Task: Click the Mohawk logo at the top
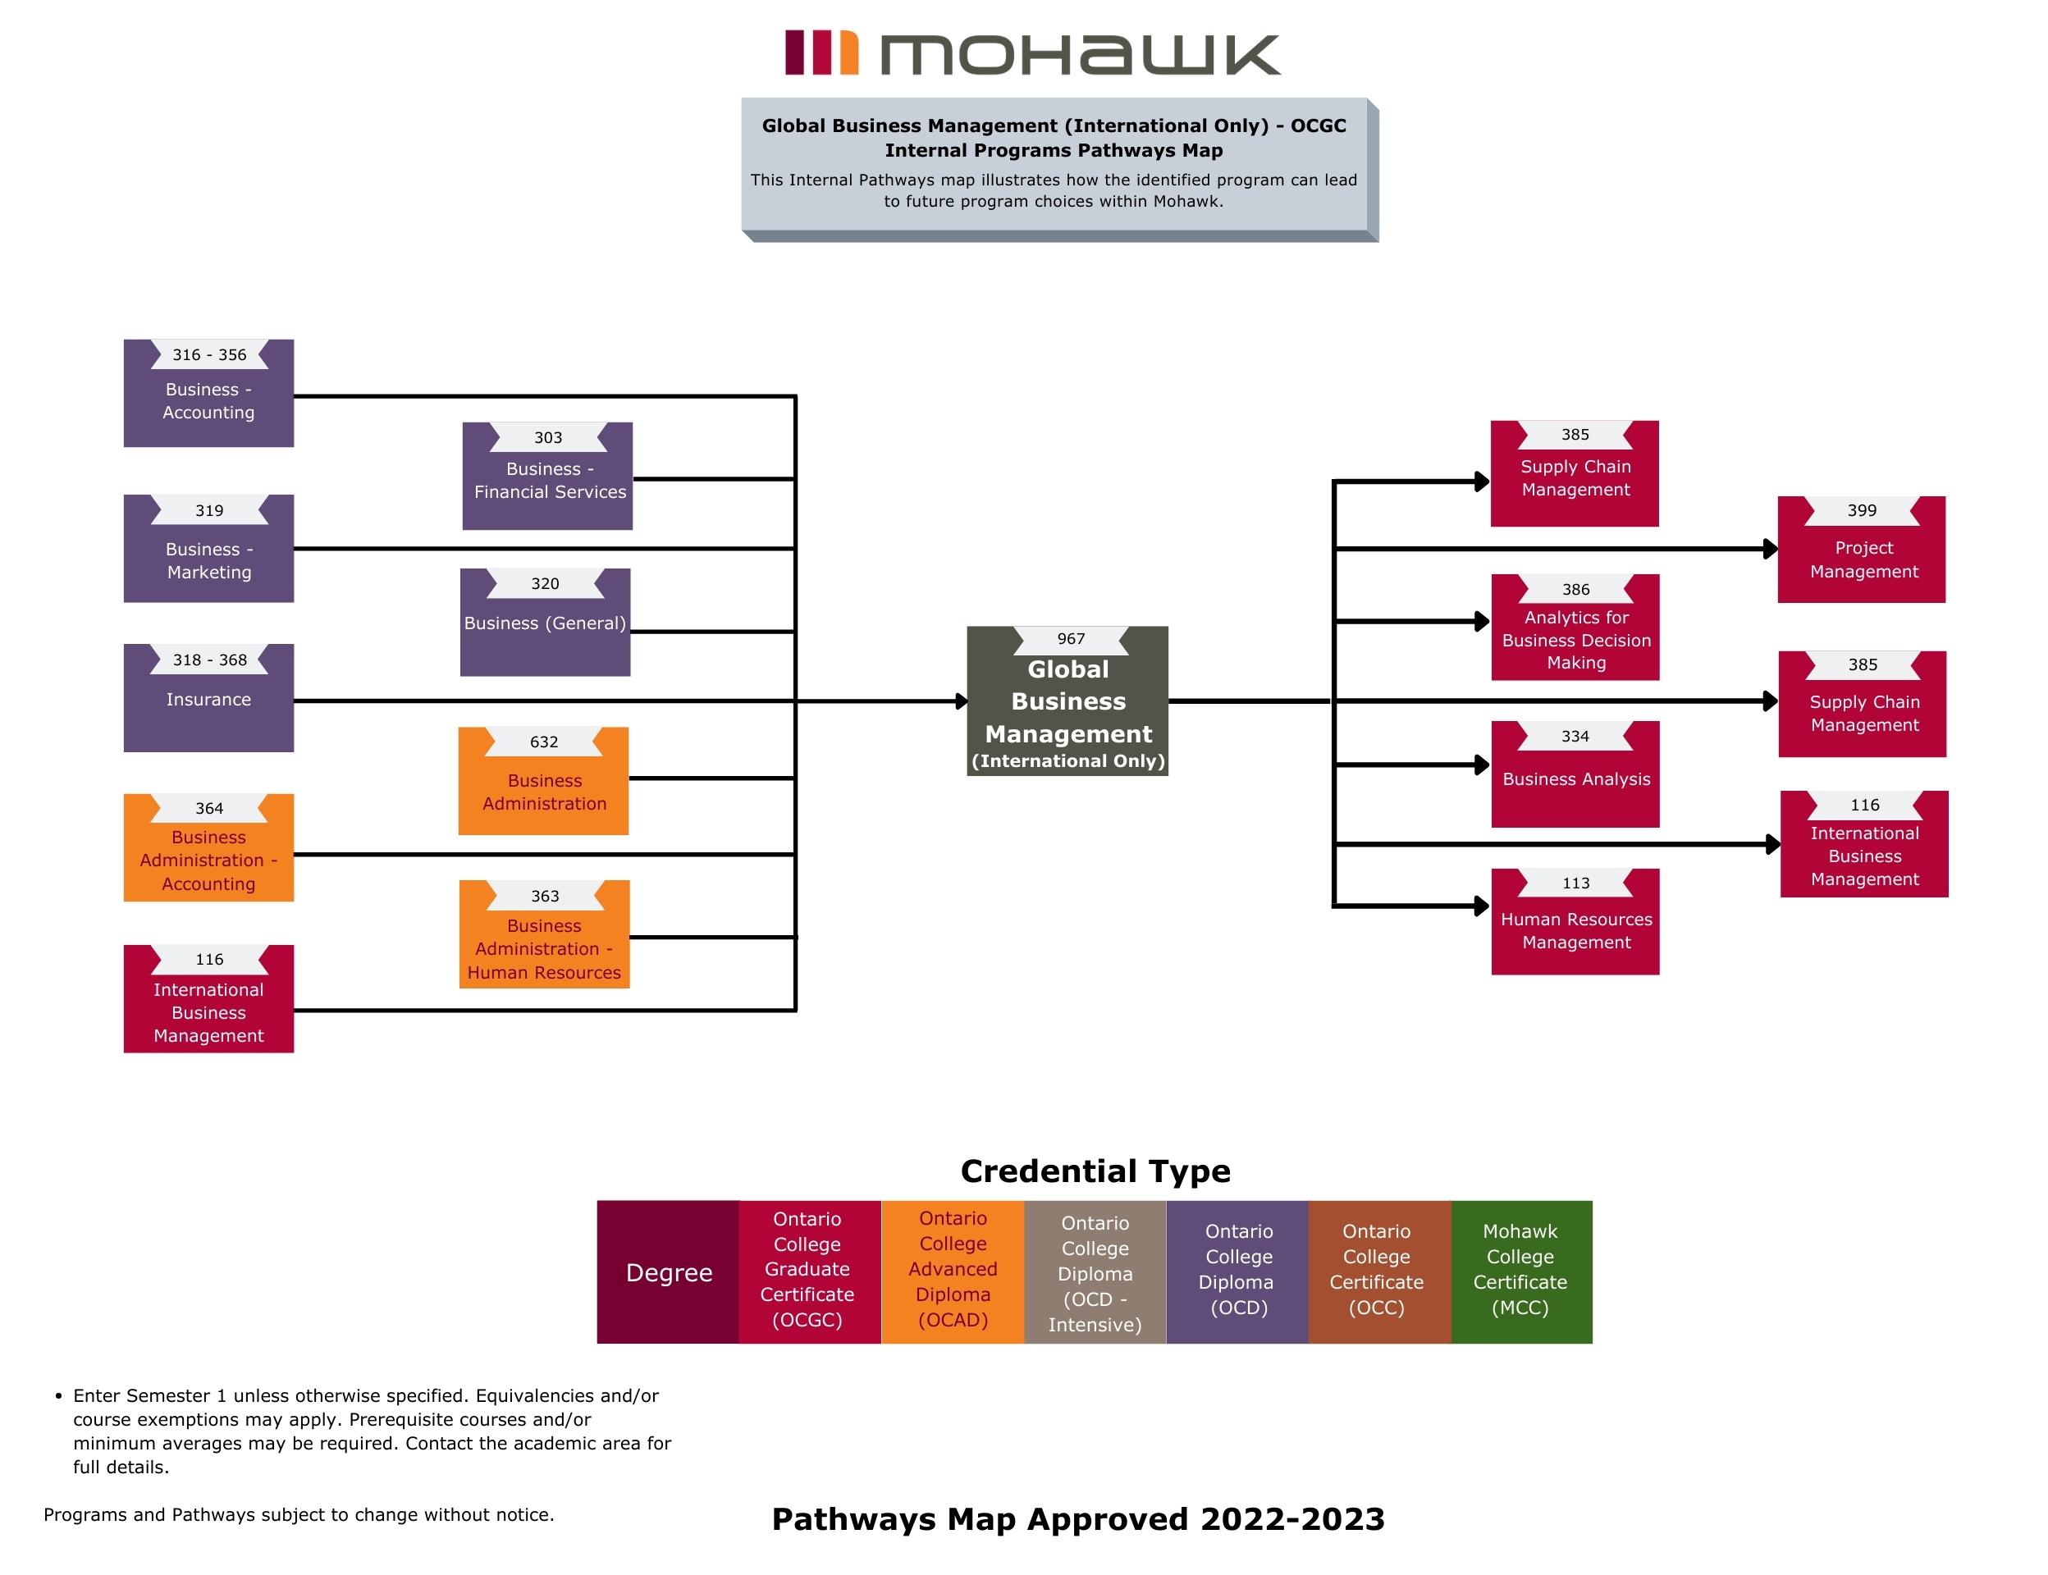pyautogui.click(x=1031, y=53)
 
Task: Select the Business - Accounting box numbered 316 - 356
pyautogui.click(x=208, y=394)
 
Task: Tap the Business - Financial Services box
pyautogui.click(x=547, y=477)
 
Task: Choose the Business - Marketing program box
pyautogui.click(x=208, y=550)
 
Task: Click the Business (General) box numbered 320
pyautogui.click(x=545, y=623)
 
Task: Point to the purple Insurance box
pyautogui.click(x=208, y=698)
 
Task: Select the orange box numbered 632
pyautogui.click(x=543, y=781)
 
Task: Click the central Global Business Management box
pyautogui.click(x=1067, y=701)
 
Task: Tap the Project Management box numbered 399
pyautogui.click(x=1862, y=550)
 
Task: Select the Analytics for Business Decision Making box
pyautogui.click(x=1575, y=628)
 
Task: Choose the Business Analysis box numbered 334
pyautogui.click(x=1575, y=774)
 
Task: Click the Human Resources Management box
pyautogui.click(x=1575, y=923)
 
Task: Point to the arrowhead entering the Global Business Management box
pyautogui.click(x=961, y=701)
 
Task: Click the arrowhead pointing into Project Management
pyautogui.click(x=1771, y=550)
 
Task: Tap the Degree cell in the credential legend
pyautogui.click(x=669, y=1272)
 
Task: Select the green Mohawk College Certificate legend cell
pyautogui.click(x=1520, y=1272)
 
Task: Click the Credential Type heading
pyautogui.click(x=1095, y=1171)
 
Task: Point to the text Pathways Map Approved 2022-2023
pyautogui.click(x=1077, y=1518)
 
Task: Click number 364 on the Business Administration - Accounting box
pyautogui.click(x=209, y=808)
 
